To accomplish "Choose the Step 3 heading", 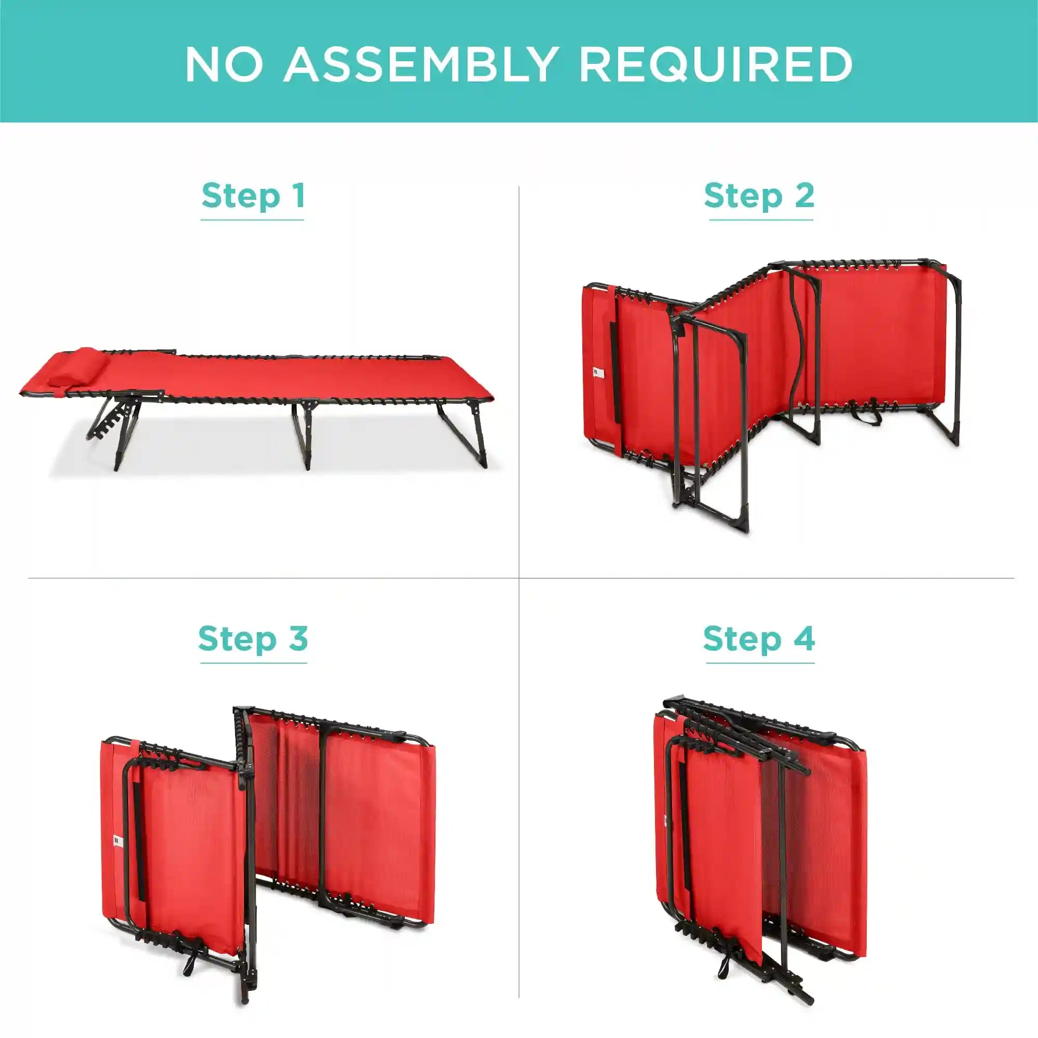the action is (253, 638).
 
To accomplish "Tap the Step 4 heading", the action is (759, 638).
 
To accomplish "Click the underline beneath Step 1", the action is (253, 220).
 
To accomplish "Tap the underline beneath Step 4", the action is (760, 662).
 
